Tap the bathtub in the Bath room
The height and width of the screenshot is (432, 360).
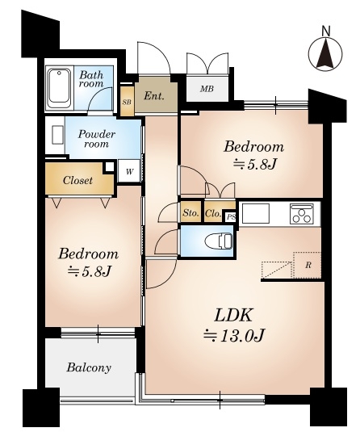click(x=59, y=88)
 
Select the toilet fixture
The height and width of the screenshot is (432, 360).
click(x=219, y=241)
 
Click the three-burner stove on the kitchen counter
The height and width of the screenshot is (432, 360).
click(x=302, y=214)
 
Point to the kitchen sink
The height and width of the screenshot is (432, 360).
click(x=255, y=213)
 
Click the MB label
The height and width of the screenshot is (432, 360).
click(x=207, y=89)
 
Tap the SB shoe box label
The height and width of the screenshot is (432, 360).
click(x=127, y=102)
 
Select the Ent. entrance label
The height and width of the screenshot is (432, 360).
click(x=154, y=96)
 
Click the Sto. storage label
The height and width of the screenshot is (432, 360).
click(x=190, y=213)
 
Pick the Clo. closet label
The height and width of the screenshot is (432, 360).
click(x=213, y=213)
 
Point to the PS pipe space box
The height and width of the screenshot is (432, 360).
click(x=231, y=217)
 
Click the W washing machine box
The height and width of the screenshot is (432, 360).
click(x=129, y=171)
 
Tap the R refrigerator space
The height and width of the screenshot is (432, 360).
click(x=308, y=266)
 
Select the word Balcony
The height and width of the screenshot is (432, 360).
click(x=89, y=367)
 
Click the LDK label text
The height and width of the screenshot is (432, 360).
click(x=233, y=316)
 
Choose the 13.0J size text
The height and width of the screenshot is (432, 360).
click(x=234, y=335)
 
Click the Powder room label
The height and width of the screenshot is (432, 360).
click(x=96, y=139)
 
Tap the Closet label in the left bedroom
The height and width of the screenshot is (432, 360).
click(x=77, y=180)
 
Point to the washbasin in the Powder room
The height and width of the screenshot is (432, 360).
click(x=57, y=135)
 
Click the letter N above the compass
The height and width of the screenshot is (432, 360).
click(x=326, y=31)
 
